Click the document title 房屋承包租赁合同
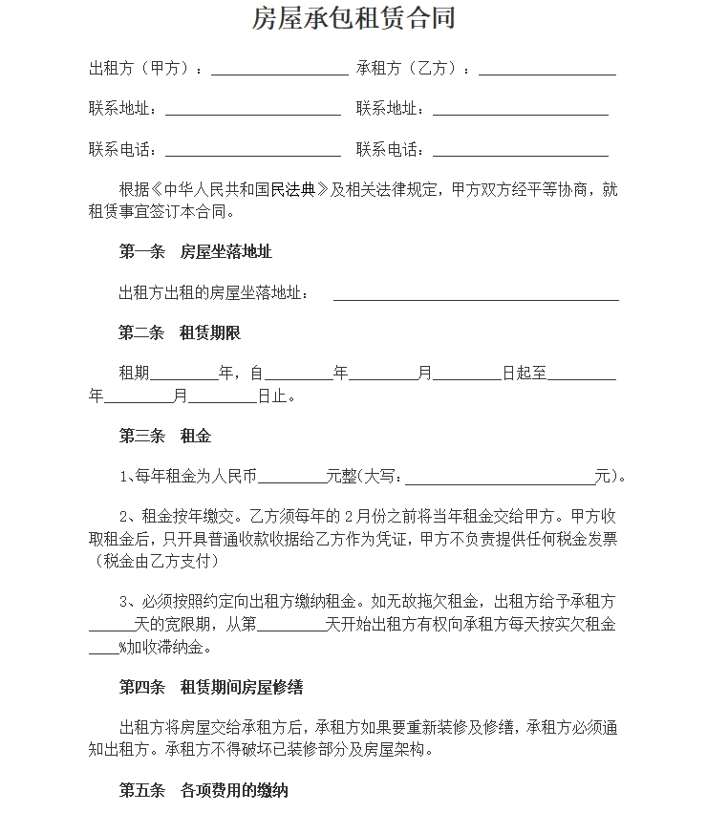click(x=353, y=18)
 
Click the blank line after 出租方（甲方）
click(x=279, y=71)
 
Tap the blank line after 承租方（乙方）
click(x=546, y=71)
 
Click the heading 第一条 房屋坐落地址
click(x=195, y=251)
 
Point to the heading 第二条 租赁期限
click(x=180, y=333)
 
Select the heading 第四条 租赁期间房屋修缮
click(x=210, y=688)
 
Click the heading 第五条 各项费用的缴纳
click(x=203, y=790)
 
